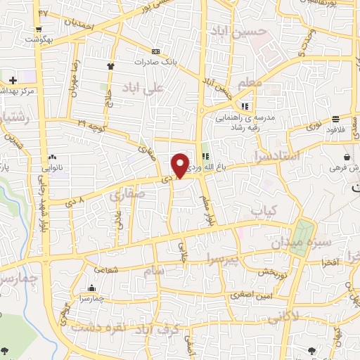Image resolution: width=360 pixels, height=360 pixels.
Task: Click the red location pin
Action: click(180, 165)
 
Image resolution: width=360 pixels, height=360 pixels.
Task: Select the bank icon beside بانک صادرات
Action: click(155, 51)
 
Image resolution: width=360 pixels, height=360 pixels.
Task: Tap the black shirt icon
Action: click(110, 66)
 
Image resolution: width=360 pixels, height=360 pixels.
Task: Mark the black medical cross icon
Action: click(13, 79)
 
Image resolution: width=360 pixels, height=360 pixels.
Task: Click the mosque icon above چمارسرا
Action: click(92, 288)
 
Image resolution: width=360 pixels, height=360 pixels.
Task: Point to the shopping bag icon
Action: click(347, 157)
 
